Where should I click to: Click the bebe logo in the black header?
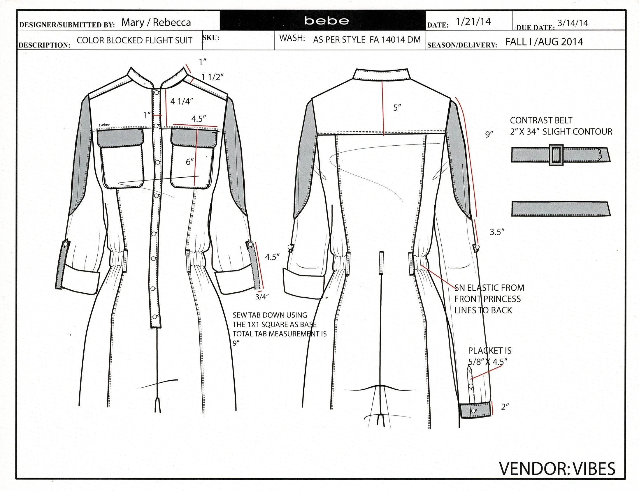click(x=326, y=21)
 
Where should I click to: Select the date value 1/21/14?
click(x=473, y=22)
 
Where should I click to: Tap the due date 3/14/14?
click(x=573, y=23)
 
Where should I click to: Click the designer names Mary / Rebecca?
click(x=156, y=22)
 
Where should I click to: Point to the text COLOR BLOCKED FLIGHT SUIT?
click(x=134, y=40)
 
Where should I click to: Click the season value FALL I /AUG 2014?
click(x=544, y=42)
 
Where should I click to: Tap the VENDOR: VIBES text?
click(x=557, y=469)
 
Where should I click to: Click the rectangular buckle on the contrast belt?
click(x=556, y=155)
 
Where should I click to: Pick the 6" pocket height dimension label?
click(x=190, y=162)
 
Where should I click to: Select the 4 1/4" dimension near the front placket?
click(x=182, y=101)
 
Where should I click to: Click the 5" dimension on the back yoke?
click(x=397, y=108)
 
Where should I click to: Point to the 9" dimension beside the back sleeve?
click(x=489, y=135)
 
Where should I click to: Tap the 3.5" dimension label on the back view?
click(x=497, y=232)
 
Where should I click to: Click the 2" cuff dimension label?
click(x=505, y=407)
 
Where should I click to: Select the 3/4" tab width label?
click(x=262, y=297)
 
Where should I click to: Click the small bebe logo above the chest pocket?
click(x=104, y=125)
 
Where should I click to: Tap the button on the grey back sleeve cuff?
click(x=473, y=411)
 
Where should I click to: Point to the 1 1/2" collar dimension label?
click(x=213, y=77)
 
